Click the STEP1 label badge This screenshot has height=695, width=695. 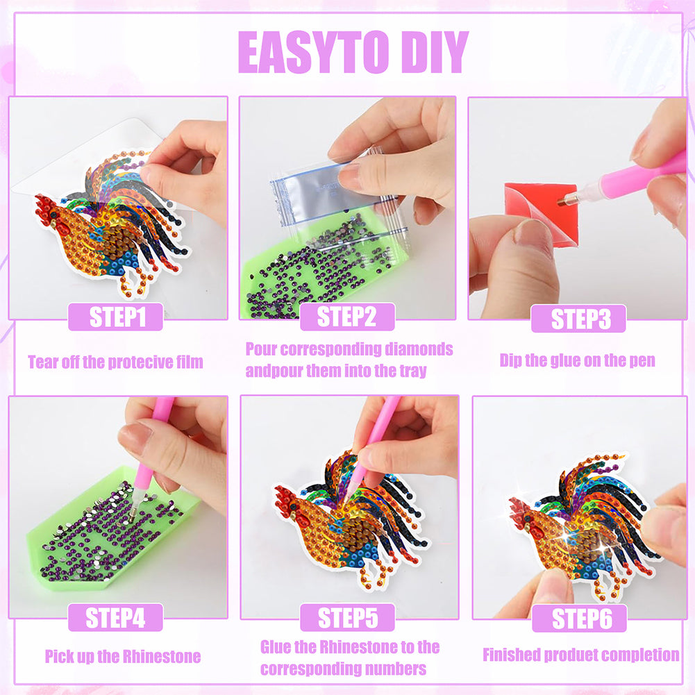click(115, 317)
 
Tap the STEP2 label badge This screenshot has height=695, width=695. click(347, 317)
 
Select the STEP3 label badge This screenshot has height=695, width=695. click(578, 319)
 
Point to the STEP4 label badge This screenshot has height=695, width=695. click(115, 617)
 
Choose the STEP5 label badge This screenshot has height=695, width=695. click(347, 617)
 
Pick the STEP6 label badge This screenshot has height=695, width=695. click(579, 619)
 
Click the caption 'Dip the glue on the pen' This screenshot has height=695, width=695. click(577, 361)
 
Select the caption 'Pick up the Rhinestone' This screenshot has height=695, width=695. click(123, 656)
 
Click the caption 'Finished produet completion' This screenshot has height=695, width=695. click(580, 655)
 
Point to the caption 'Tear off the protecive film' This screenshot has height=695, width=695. click(115, 362)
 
